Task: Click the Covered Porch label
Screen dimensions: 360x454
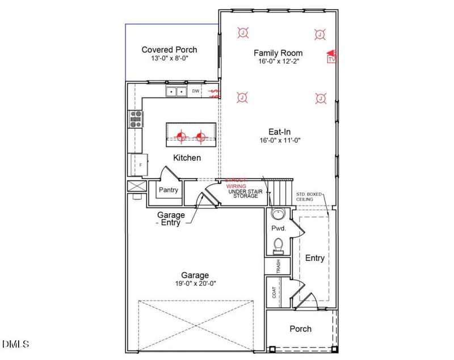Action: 169,50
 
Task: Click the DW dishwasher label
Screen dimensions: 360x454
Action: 196,91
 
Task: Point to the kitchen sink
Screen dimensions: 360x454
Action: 176,91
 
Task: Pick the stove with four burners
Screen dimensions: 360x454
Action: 136,118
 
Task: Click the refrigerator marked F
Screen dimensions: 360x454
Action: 138,165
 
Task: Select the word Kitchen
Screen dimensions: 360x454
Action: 187,158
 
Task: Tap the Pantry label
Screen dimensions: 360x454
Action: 169,190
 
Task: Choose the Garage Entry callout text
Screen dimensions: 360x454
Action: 171,219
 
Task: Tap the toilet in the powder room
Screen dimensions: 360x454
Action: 278,244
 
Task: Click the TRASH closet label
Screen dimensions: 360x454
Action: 278,267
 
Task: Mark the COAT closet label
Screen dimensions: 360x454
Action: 275,293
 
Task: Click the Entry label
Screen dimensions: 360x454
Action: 315,258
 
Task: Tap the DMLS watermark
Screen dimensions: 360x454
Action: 16,344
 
